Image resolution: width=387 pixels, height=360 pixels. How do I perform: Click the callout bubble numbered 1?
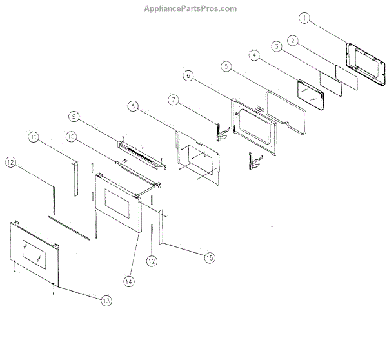[x=306, y=18]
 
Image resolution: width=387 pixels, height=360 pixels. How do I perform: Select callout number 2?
[x=293, y=41]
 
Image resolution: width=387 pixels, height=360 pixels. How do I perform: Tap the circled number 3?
[x=275, y=46]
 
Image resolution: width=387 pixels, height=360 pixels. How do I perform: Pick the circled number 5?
[x=225, y=66]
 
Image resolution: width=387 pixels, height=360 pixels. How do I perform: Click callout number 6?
[x=188, y=76]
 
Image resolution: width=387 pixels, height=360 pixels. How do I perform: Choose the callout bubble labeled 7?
[x=173, y=99]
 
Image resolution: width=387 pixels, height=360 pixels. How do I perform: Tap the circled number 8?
[x=132, y=106]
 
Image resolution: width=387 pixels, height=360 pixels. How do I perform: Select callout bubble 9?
[x=74, y=117]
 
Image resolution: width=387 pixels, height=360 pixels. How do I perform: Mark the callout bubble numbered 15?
[x=209, y=257]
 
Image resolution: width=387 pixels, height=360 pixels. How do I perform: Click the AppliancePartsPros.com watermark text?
[x=193, y=8]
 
